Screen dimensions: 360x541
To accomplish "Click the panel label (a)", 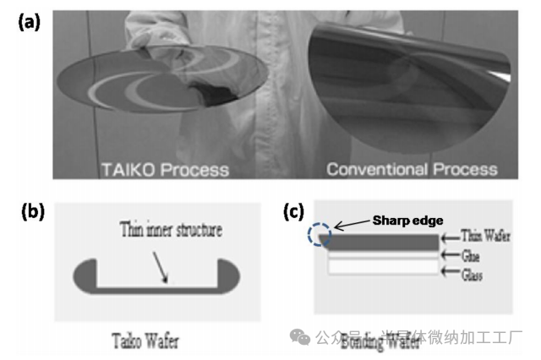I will [29, 22].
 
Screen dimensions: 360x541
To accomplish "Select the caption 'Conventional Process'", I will [412, 170].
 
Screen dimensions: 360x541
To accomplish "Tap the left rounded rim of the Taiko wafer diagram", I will [86, 277].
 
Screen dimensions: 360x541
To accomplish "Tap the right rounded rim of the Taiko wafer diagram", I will [229, 277].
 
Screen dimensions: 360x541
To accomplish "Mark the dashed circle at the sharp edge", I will [320, 237].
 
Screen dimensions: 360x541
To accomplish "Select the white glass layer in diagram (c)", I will [382, 267].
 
